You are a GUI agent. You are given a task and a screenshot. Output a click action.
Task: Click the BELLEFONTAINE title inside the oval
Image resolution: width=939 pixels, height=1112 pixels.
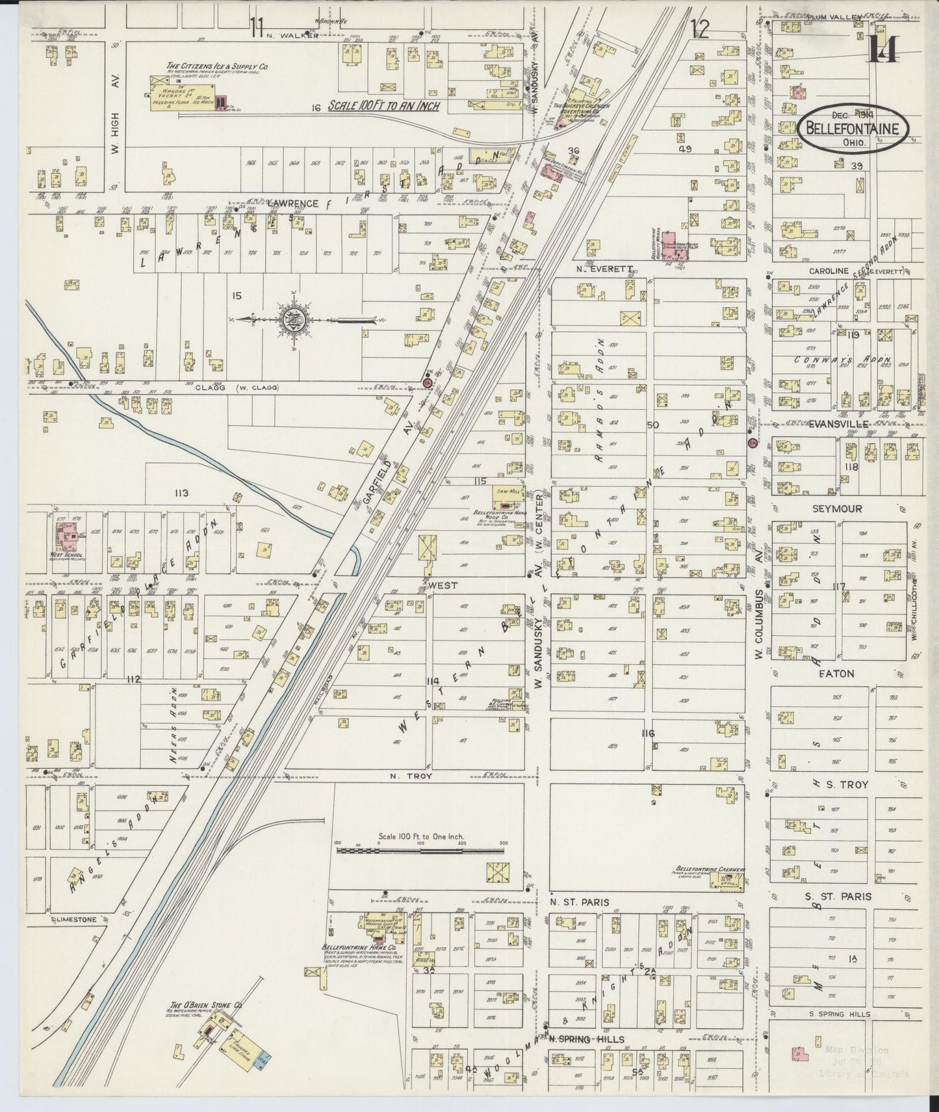pos(852,128)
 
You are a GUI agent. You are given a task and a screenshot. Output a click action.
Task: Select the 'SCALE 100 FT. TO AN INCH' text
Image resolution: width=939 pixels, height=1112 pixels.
pos(383,105)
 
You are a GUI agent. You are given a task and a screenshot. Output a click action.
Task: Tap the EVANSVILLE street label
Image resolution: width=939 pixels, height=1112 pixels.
pos(838,423)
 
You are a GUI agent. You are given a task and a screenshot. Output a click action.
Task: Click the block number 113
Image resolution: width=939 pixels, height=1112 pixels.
pos(181,494)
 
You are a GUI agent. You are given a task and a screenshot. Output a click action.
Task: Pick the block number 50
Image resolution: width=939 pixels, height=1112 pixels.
pos(652,425)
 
